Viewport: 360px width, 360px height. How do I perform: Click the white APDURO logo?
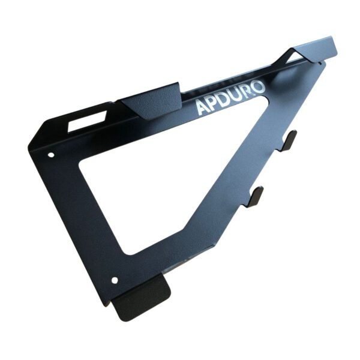tap(230, 97)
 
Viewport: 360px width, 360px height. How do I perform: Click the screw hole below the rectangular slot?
tap(51, 154)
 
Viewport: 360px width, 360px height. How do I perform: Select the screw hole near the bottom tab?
tap(115, 280)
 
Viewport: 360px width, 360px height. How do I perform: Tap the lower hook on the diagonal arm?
tap(255, 196)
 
